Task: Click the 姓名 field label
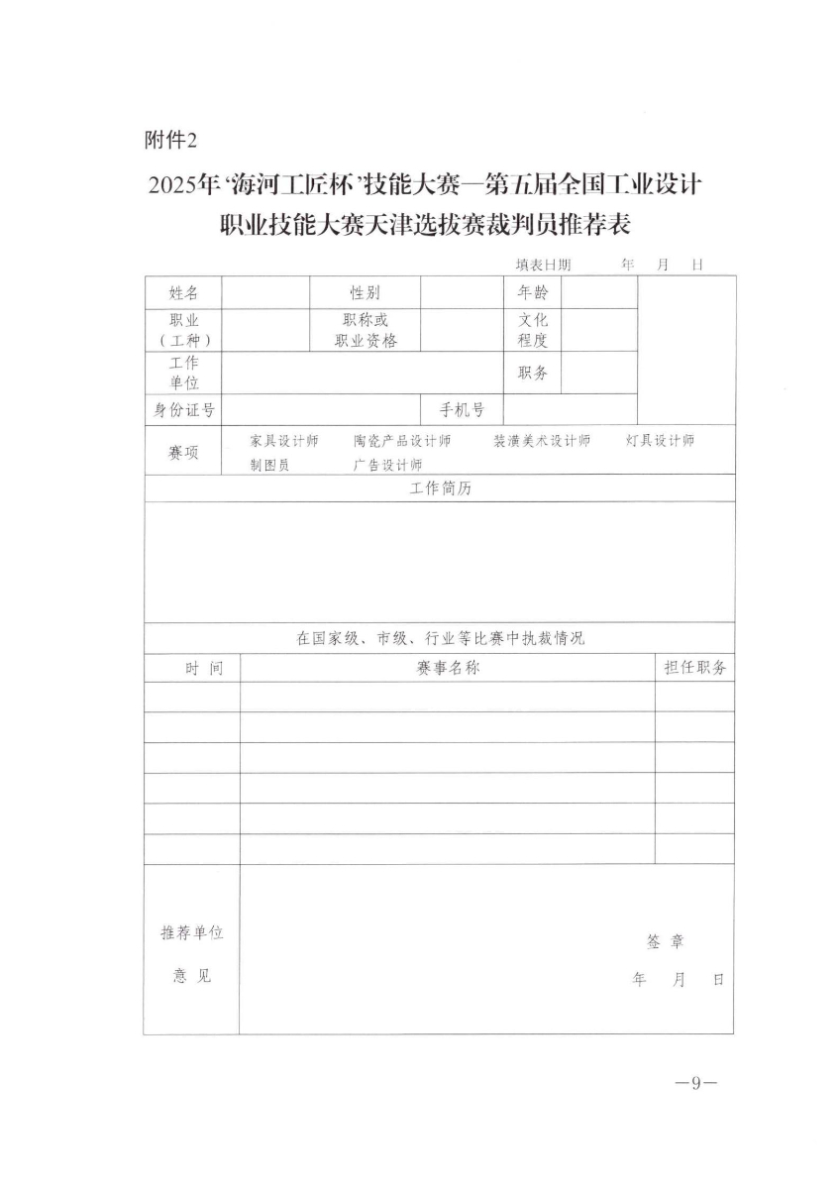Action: pyautogui.click(x=183, y=292)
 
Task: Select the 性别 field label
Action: pyautogui.click(x=364, y=292)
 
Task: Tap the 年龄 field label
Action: pyautogui.click(x=533, y=292)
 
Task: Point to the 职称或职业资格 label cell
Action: pyautogui.click(x=365, y=330)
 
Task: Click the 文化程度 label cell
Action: pyautogui.click(x=533, y=330)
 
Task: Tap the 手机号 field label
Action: pyautogui.click(x=463, y=409)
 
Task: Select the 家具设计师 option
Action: pyautogui.click(x=283, y=441)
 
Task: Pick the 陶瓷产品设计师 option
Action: pyautogui.click(x=402, y=441)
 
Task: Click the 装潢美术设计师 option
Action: pyautogui.click(x=542, y=441)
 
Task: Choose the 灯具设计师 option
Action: pyautogui.click(x=660, y=441)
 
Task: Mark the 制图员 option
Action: pyautogui.click(x=269, y=464)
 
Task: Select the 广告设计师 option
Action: pyautogui.click(x=387, y=464)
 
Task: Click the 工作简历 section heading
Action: pyautogui.click(x=440, y=489)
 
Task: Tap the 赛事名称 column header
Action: pyautogui.click(x=448, y=669)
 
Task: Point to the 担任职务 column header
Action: pyautogui.click(x=694, y=669)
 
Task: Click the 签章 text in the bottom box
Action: pyautogui.click(x=665, y=942)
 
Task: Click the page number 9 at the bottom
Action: pyautogui.click(x=695, y=1083)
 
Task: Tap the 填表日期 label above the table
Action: pyautogui.click(x=543, y=266)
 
